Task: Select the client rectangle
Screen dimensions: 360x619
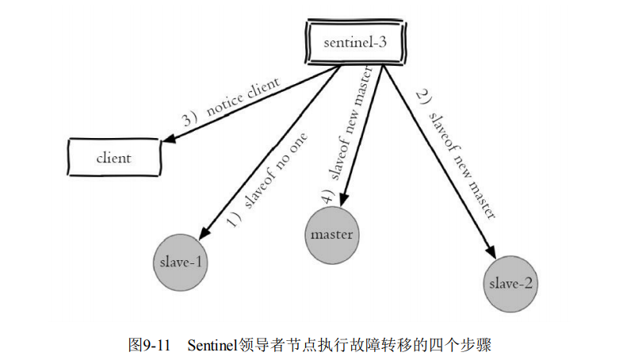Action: pos(113,157)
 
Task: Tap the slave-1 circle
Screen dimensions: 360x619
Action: pos(181,262)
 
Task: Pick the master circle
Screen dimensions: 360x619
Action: pos(331,234)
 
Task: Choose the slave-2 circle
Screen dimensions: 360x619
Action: pos(510,283)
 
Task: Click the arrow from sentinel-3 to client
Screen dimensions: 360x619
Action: pos(254,102)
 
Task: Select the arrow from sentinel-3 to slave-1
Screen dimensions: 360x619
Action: pos(269,151)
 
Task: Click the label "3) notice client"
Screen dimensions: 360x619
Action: pos(231,104)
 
